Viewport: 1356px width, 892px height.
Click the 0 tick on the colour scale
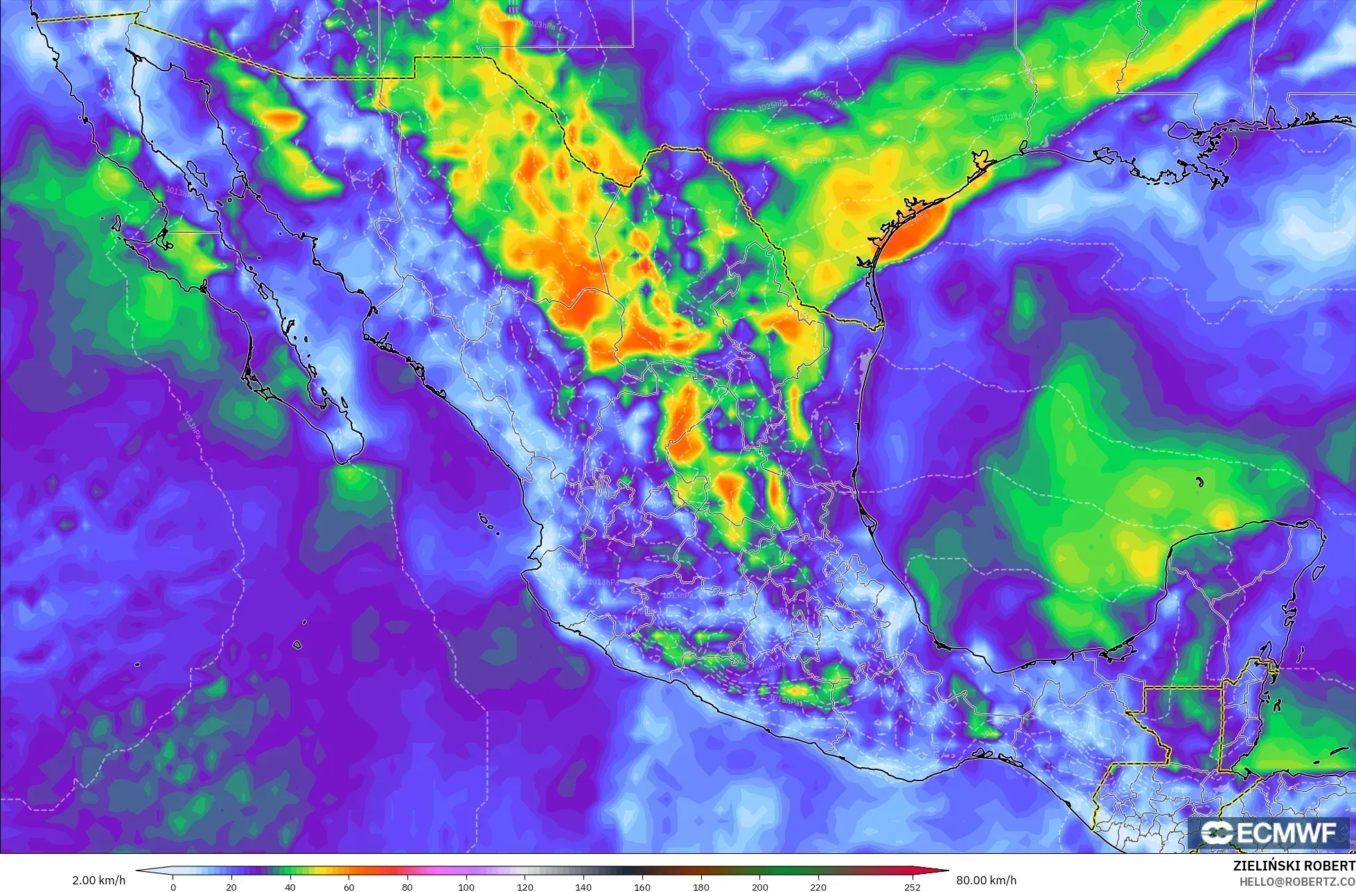coord(173,886)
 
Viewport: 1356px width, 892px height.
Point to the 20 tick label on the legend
coord(231,886)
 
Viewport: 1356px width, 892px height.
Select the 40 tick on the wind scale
coord(290,886)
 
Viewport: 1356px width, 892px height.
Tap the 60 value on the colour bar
coord(349,886)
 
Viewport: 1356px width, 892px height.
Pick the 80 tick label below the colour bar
coord(407,886)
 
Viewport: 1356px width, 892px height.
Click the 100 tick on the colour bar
coord(466,886)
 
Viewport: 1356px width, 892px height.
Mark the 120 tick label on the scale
coord(525,886)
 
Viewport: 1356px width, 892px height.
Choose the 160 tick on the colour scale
coord(642,886)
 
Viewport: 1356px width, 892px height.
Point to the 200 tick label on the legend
coord(760,886)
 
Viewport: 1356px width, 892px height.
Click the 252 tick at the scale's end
coord(912,886)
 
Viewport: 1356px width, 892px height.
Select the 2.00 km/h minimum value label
coord(98,880)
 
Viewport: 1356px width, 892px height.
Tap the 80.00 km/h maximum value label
coord(987,880)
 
